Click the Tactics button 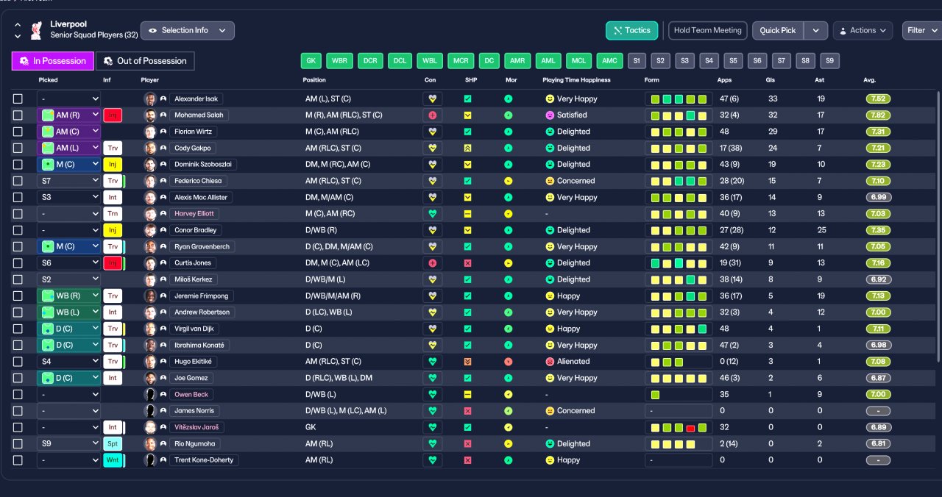(631, 30)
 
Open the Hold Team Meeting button (707, 30)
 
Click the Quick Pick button (778, 30)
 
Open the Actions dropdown (863, 30)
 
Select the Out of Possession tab (145, 61)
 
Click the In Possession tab (53, 61)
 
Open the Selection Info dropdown (187, 30)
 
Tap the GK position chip (311, 61)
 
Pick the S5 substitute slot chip (732, 61)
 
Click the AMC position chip (609, 61)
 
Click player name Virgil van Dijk (199, 329)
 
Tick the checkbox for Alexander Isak (18, 99)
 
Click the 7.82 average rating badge (879, 115)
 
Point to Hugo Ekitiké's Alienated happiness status (573, 362)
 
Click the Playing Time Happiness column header (576, 80)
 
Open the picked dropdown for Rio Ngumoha (68, 444)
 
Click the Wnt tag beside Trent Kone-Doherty (113, 460)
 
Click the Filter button (921, 30)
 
